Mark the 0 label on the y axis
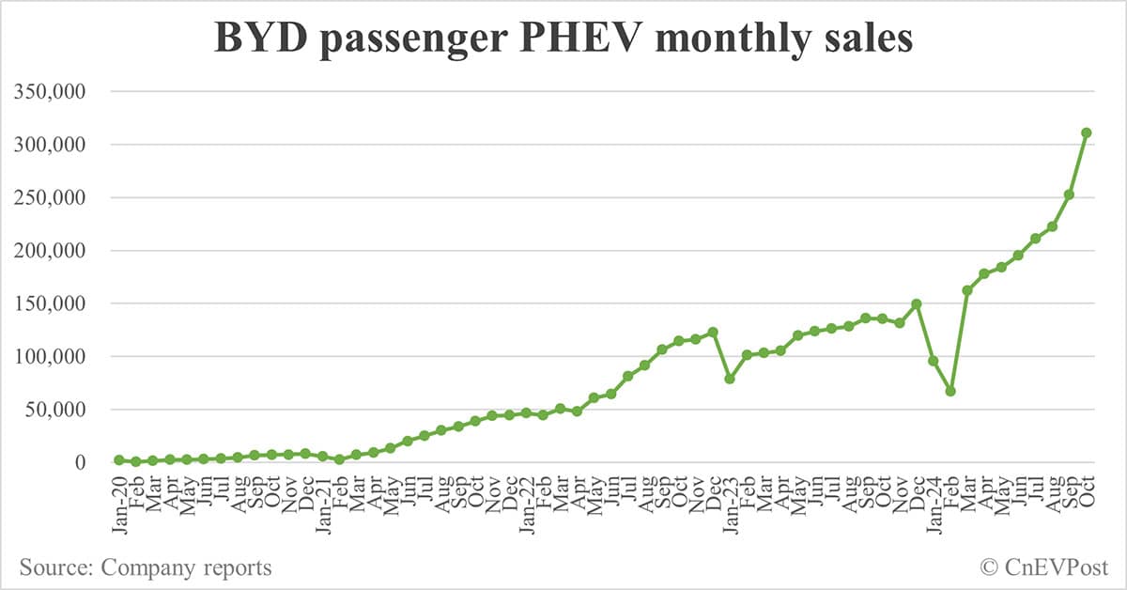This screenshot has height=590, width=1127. [x=92, y=462]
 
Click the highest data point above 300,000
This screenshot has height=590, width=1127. [x=1086, y=132]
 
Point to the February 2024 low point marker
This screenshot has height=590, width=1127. [x=950, y=391]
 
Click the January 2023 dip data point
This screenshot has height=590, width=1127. [x=730, y=379]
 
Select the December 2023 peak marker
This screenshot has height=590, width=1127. [x=917, y=303]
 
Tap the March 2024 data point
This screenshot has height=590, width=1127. [x=967, y=290]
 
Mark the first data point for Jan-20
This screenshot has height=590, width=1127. [x=119, y=459]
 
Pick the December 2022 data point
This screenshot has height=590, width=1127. [x=713, y=332]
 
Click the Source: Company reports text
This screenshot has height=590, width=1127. [x=146, y=567]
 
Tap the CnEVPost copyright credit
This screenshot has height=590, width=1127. [x=1044, y=567]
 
